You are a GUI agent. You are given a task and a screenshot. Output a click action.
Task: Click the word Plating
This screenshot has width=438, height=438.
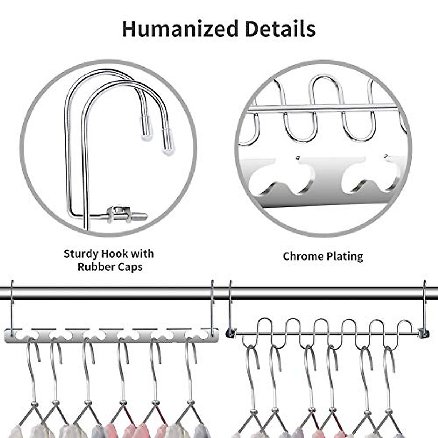tap(343, 256)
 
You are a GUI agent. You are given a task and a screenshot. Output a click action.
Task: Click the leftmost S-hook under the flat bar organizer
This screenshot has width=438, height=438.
tap(34, 365)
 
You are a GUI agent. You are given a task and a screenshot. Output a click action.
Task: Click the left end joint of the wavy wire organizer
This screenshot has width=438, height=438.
tap(230, 333)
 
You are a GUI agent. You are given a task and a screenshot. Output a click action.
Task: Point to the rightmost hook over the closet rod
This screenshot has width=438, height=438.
tap(424, 303)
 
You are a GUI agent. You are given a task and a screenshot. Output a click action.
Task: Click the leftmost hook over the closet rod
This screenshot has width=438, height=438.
tap(12, 303)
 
